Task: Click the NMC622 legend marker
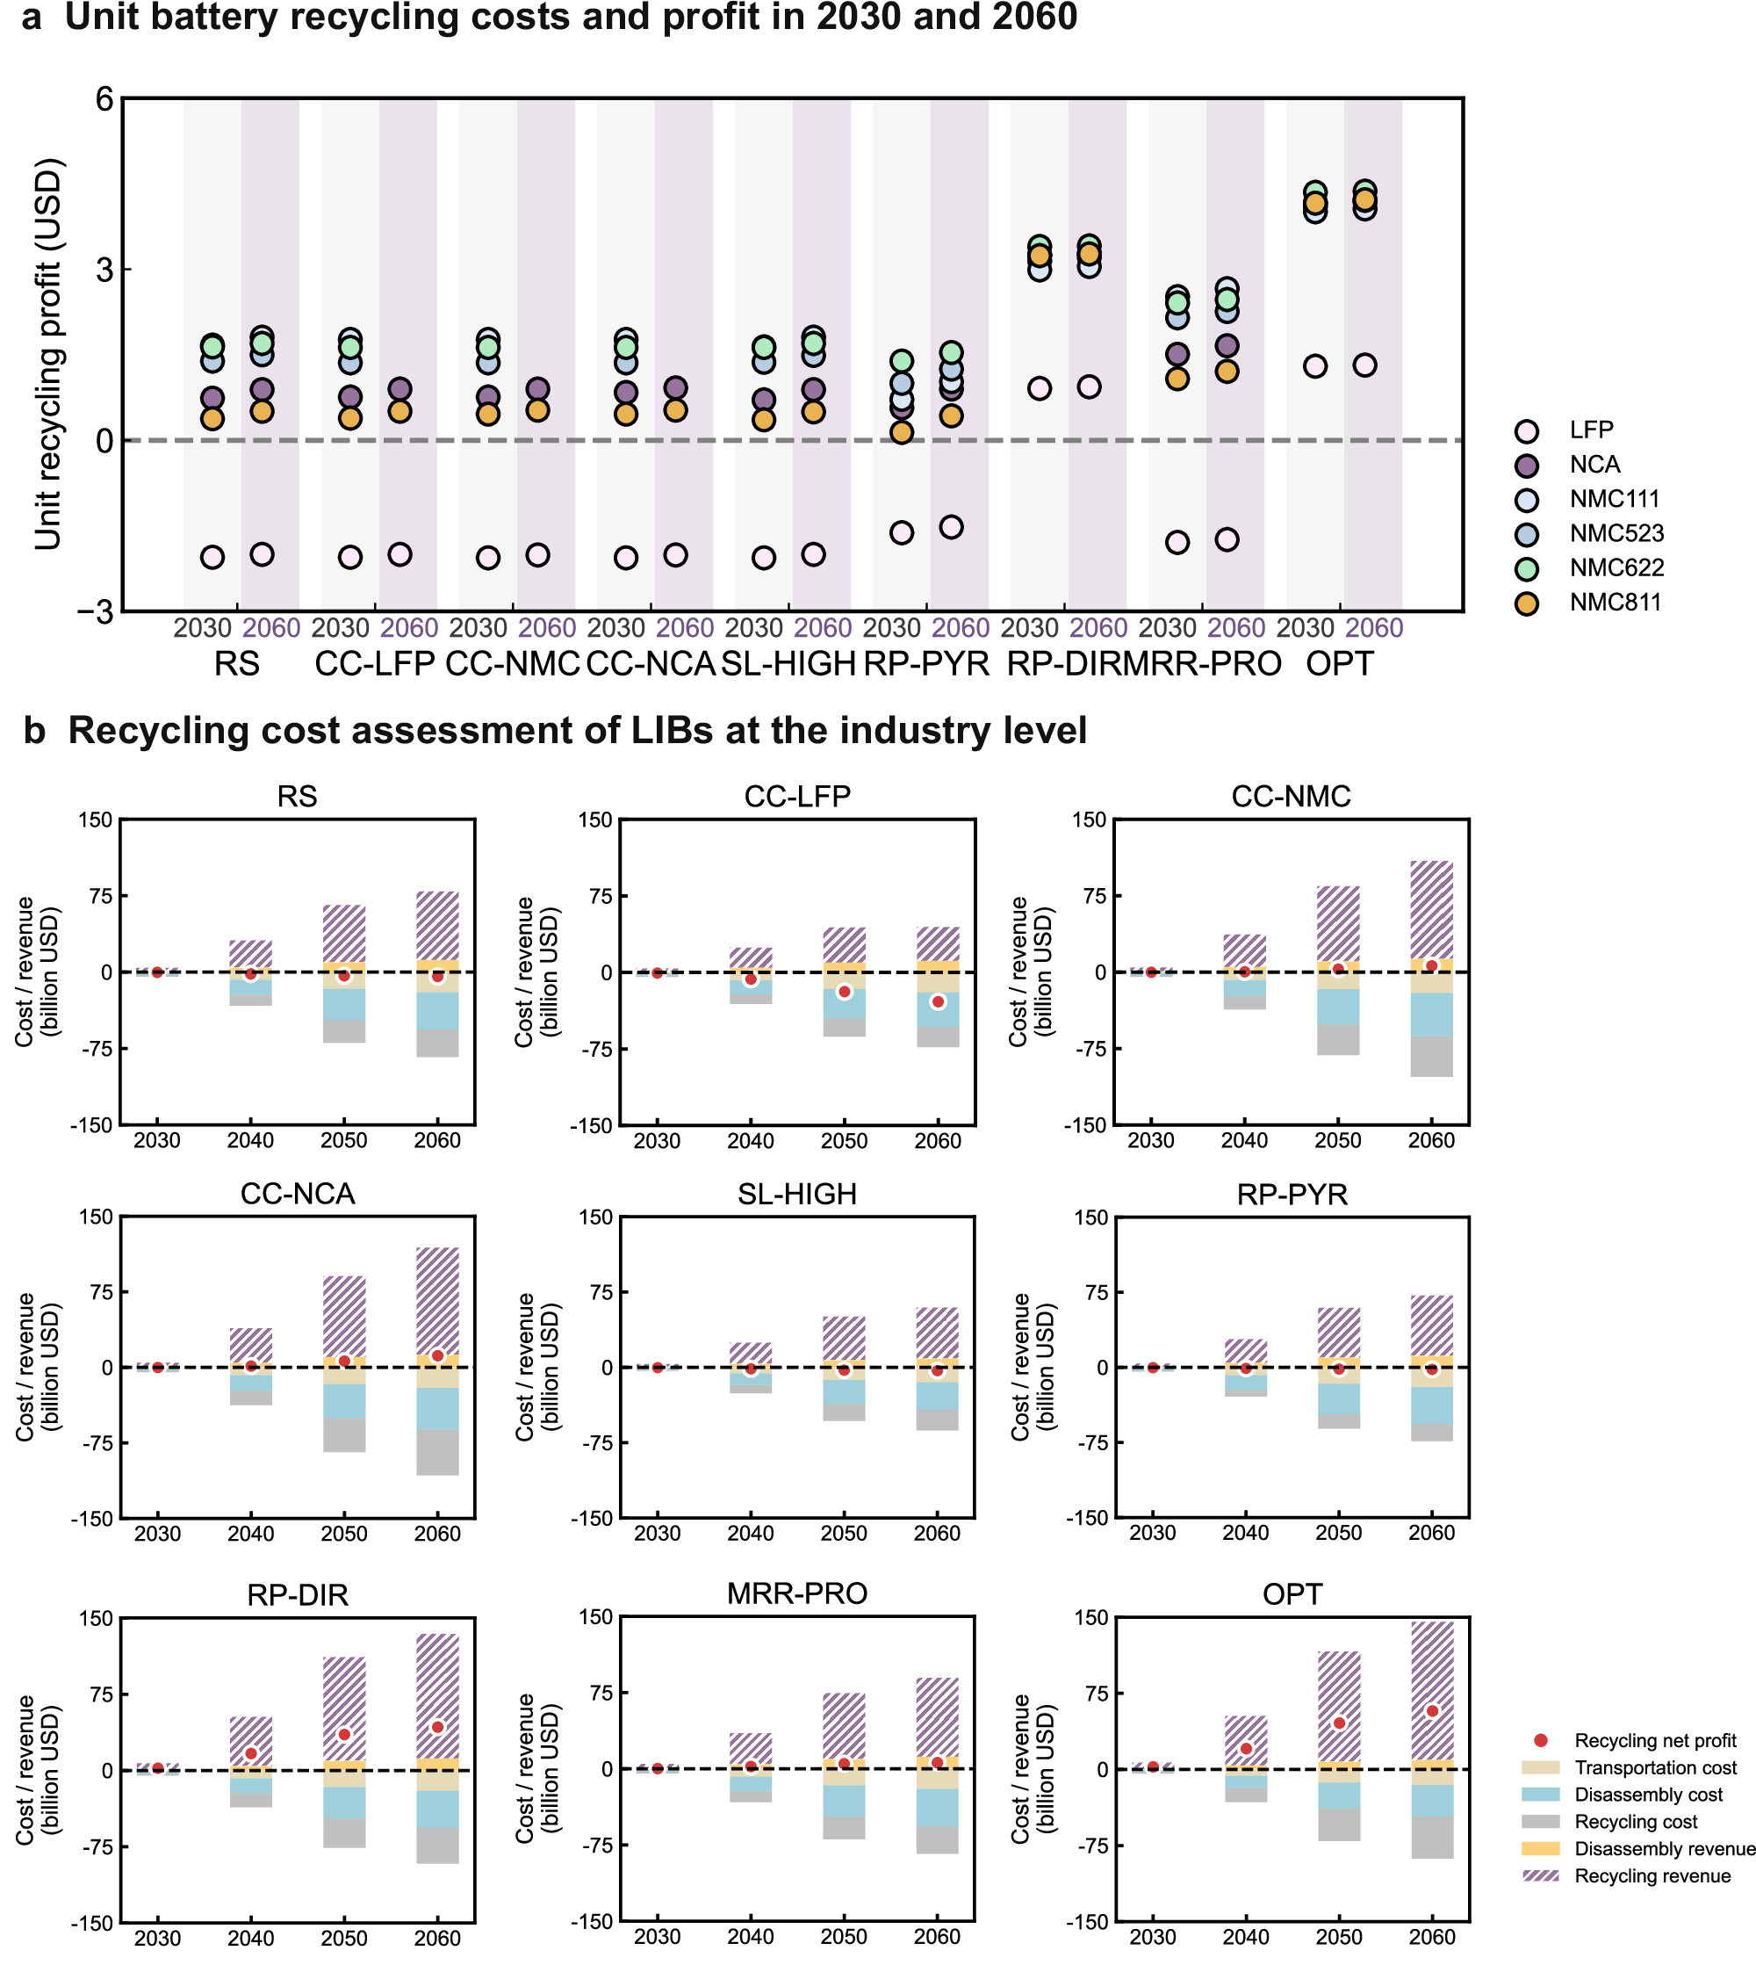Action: (x=1526, y=568)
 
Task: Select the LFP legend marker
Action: (x=1526, y=430)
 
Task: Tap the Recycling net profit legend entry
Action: (x=1541, y=1740)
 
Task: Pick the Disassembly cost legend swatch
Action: (x=1541, y=1795)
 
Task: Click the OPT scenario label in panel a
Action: (x=1339, y=664)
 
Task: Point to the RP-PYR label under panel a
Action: (x=926, y=664)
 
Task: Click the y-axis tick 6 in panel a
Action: (x=104, y=98)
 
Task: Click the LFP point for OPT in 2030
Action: (x=1315, y=365)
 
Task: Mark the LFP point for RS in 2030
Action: (x=212, y=557)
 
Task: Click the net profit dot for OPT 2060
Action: (x=1432, y=1711)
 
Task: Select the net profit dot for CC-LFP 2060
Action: (x=938, y=1001)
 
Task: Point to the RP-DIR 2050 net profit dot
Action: (x=344, y=1734)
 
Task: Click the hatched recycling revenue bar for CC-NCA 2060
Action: (x=438, y=1300)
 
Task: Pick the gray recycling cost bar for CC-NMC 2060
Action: (x=1432, y=1056)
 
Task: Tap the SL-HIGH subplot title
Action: (x=797, y=1195)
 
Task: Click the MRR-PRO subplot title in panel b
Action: (x=797, y=1593)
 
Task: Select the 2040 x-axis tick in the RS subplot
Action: (x=251, y=1141)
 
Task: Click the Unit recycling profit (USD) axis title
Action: (x=48, y=354)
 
